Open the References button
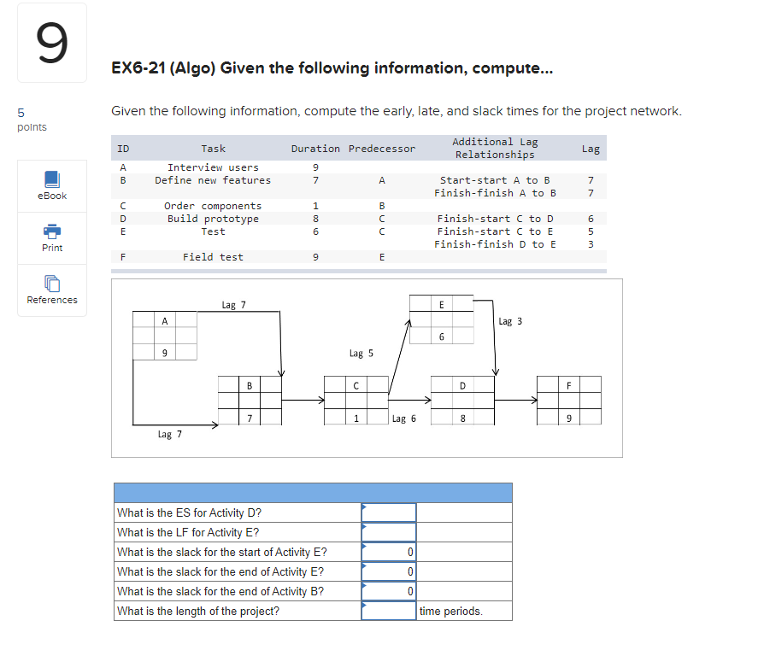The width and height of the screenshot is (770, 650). point(51,290)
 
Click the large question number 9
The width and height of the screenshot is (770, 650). point(51,44)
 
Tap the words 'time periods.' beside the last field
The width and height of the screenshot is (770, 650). point(450,612)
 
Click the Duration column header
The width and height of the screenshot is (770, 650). point(315,149)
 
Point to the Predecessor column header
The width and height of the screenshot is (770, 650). point(381,149)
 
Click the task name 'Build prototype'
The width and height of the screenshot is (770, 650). point(213,219)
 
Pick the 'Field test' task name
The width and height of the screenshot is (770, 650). point(213,257)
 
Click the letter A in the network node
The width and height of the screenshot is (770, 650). point(164,320)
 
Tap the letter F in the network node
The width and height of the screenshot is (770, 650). point(569,385)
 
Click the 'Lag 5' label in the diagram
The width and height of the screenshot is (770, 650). point(361,353)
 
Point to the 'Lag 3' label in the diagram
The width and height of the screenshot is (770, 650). point(509,321)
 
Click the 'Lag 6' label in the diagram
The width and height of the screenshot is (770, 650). point(403,419)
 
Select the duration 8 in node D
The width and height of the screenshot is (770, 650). point(462,419)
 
